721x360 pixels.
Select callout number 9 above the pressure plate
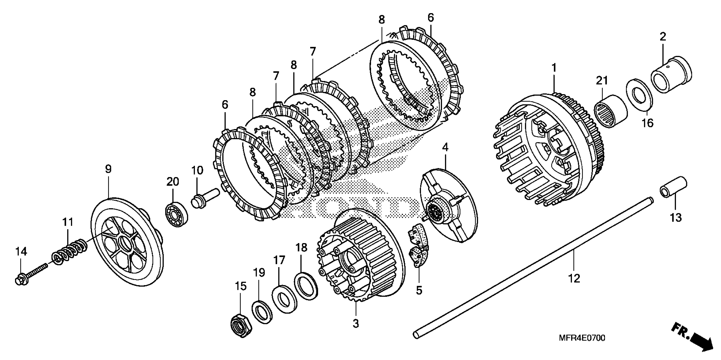coord(108,169)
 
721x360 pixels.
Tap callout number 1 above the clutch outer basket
coord(554,68)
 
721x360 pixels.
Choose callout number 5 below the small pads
coord(419,291)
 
